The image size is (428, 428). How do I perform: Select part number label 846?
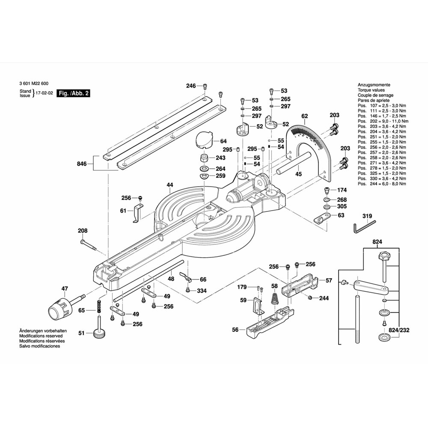[x=82, y=164]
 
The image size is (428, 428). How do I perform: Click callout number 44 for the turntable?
[x=170, y=185]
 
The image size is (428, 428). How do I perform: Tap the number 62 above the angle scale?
[x=304, y=116]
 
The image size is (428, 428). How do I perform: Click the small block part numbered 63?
[x=321, y=219]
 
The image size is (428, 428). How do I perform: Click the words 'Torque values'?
[x=371, y=90]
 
